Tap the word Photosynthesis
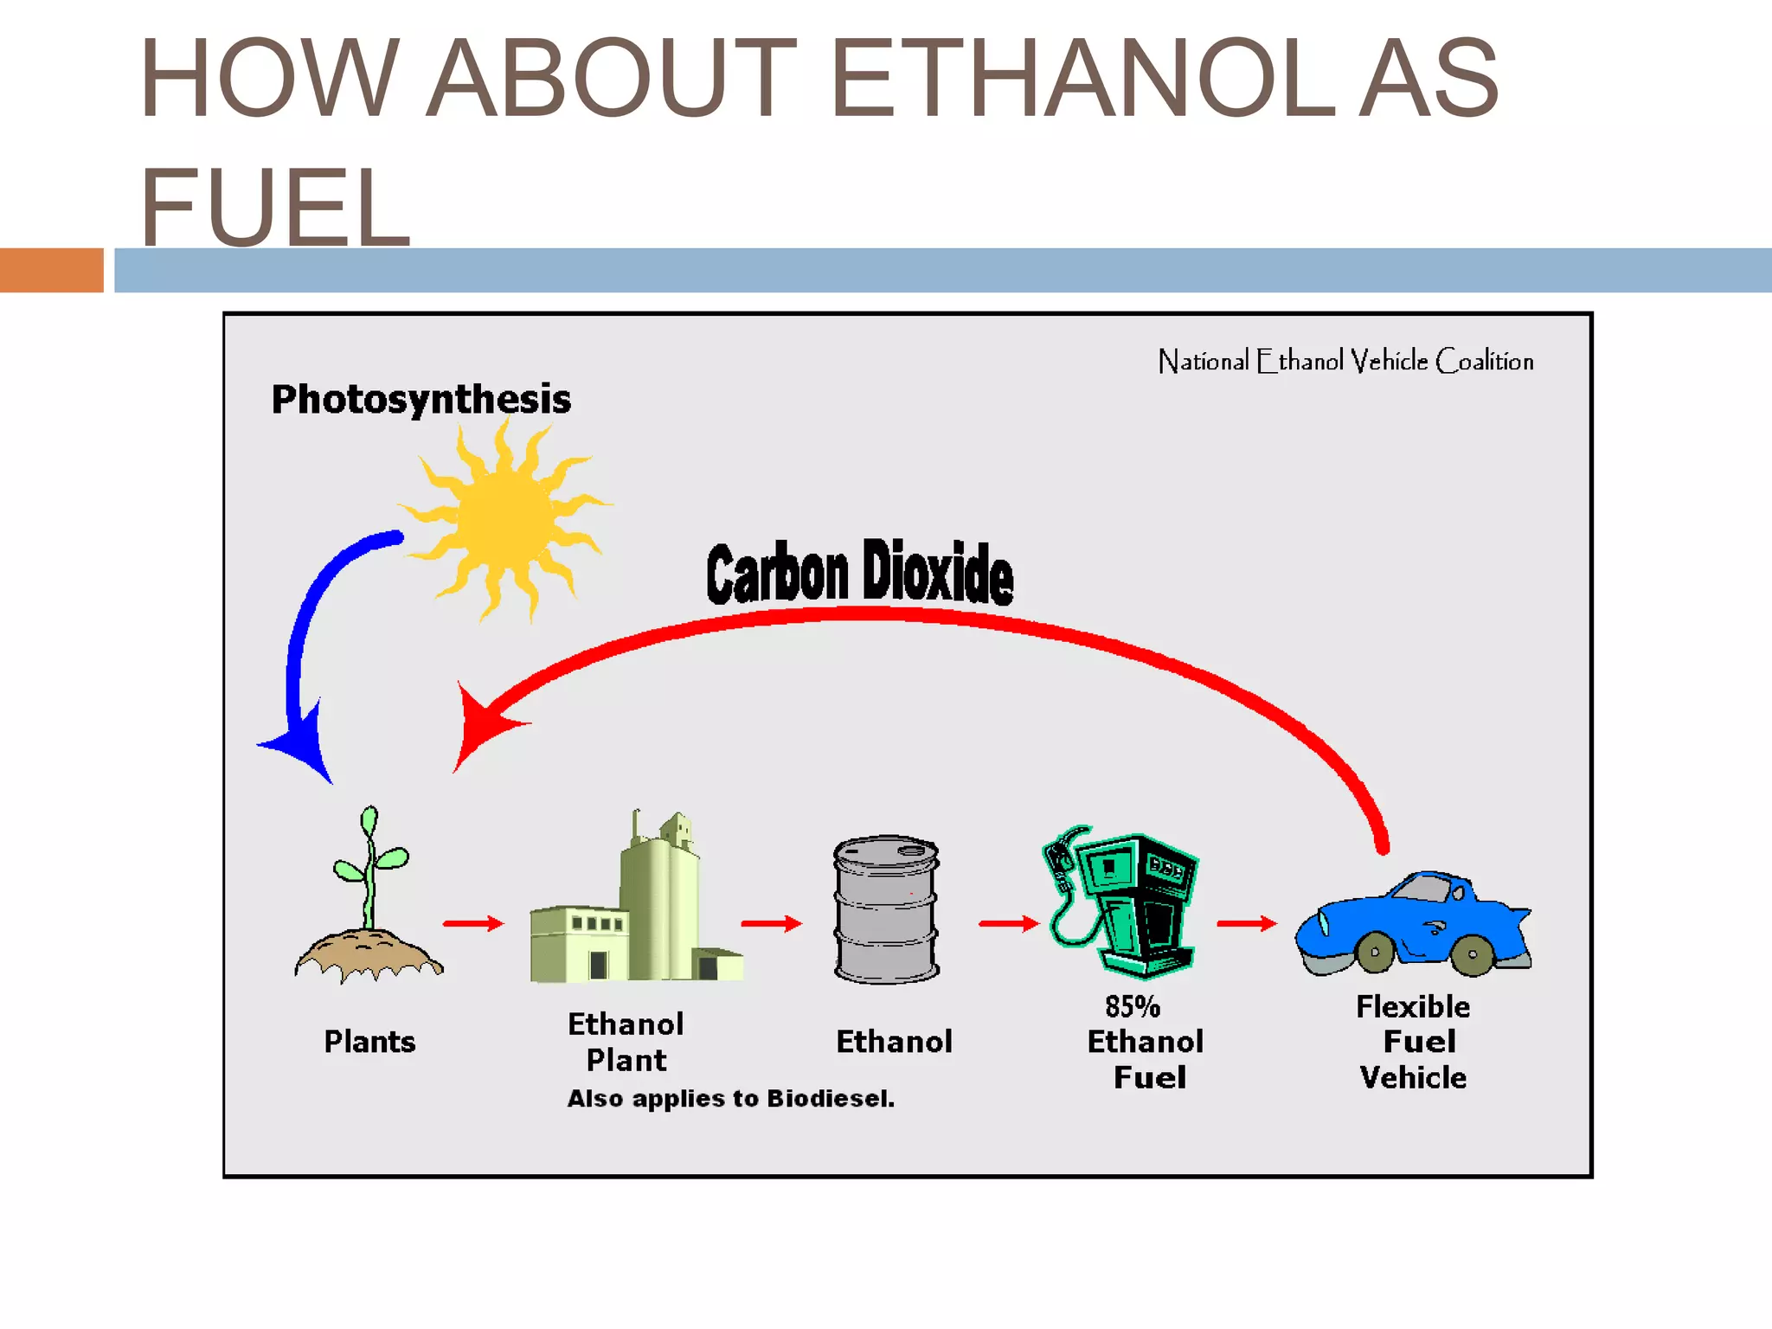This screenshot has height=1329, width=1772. [421, 400]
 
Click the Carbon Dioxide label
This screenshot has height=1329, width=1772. [859, 573]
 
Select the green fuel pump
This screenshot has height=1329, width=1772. [1125, 904]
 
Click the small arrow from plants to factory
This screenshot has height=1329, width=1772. [473, 923]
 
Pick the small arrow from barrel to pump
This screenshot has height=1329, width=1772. [1009, 923]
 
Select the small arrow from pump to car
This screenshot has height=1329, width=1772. [1247, 923]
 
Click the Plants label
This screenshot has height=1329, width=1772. [369, 1042]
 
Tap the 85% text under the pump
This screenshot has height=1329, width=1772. [1132, 1006]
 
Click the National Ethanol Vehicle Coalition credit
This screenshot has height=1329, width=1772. [1345, 361]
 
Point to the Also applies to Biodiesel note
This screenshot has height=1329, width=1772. [731, 1098]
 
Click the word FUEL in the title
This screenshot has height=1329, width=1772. [275, 208]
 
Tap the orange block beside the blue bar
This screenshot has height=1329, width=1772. [51, 270]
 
